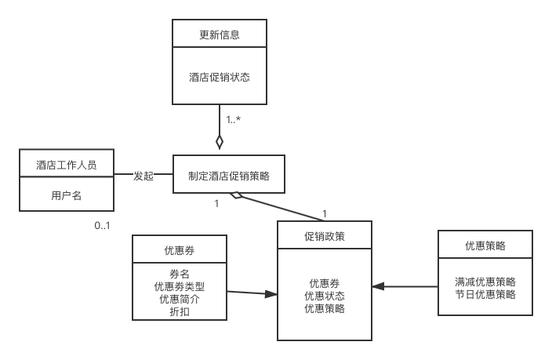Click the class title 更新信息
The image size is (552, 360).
point(220,35)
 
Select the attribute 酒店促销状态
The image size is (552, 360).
point(220,78)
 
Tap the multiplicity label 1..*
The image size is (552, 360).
point(234,120)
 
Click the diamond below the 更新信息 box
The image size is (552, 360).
point(220,142)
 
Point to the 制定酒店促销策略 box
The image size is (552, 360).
point(229,175)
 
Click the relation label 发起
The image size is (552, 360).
point(143,176)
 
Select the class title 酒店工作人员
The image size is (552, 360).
point(67,165)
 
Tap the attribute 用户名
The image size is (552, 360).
point(67,196)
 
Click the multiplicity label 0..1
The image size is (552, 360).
point(103,226)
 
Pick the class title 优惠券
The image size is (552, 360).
point(180,251)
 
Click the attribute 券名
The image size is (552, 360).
point(180,275)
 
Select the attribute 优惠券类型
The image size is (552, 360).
point(180,287)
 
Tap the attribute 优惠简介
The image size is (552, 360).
point(180,299)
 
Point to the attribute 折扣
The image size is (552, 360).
point(180,311)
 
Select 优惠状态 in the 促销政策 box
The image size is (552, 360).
point(325,296)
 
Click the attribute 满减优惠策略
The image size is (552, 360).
point(485,282)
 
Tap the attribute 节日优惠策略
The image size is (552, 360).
point(485,294)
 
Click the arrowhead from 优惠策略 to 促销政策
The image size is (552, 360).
point(378,287)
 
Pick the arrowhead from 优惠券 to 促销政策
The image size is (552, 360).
point(271,294)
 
